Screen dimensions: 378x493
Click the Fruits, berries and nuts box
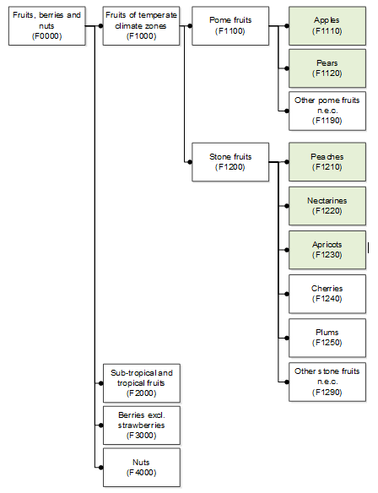(x=46, y=26)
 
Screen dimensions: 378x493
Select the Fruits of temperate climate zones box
(x=141, y=26)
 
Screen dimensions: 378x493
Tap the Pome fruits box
(x=230, y=26)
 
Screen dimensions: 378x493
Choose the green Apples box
(x=327, y=26)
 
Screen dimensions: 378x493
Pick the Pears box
(x=327, y=68)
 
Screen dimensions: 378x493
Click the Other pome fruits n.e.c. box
(x=327, y=111)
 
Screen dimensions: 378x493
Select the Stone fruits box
(x=230, y=162)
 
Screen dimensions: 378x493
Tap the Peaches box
(x=327, y=162)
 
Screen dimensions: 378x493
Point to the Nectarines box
(x=327, y=206)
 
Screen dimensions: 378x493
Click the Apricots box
(x=327, y=250)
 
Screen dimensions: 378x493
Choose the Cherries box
(x=327, y=294)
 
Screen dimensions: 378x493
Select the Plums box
(x=327, y=338)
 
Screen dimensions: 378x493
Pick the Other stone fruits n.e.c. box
(x=327, y=382)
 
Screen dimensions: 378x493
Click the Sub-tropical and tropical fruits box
(x=142, y=383)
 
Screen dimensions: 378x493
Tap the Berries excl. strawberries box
(x=142, y=425)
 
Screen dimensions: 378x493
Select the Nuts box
(x=142, y=468)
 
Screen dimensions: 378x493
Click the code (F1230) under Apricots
(x=327, y=255)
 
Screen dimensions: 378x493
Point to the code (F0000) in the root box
(x=46, y=36)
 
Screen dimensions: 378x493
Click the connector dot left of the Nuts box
(x=100, y=468)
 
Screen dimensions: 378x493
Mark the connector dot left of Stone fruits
(x=190, y=162)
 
